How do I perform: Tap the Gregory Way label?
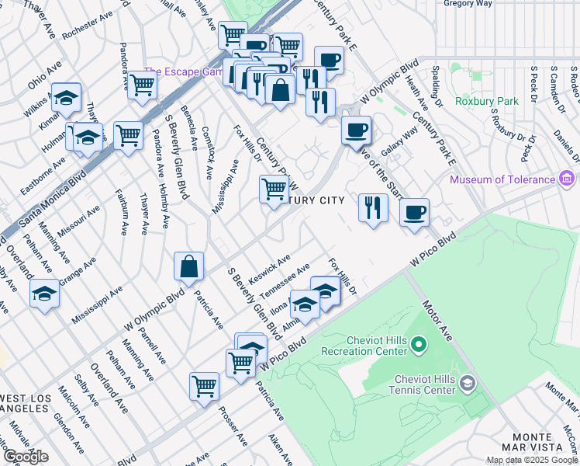469,4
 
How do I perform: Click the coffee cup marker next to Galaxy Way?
356,130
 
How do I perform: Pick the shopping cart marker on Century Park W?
274,189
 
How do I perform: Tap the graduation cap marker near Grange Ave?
44,294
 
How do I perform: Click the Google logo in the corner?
26,457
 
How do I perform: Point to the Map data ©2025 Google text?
531,461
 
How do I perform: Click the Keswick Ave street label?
269,266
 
